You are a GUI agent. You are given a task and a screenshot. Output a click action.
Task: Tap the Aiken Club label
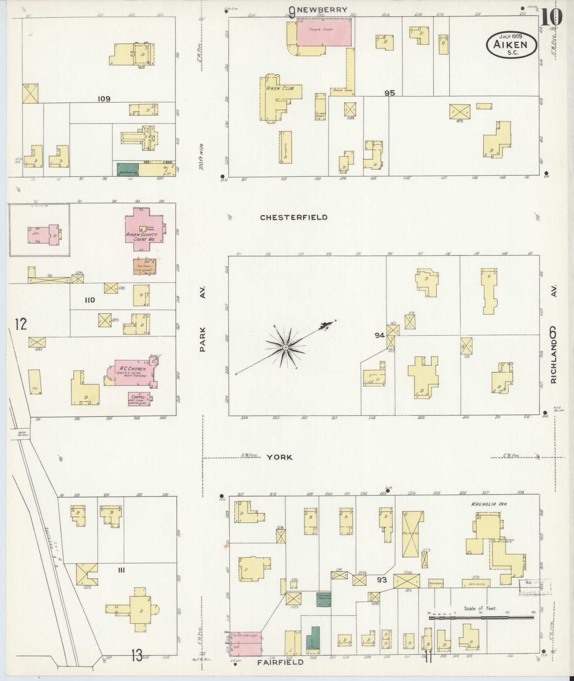(x=280, y=88)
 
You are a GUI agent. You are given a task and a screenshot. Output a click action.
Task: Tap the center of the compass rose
(x=285, y=347)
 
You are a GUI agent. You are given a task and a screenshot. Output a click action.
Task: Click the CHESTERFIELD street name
(x=294, y=218)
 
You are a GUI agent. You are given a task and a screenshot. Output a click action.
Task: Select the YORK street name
(x=280, y=457)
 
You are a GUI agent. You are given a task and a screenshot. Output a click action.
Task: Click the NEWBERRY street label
(x=322, y=10)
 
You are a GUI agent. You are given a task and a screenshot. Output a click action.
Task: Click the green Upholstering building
(x=128, y=169)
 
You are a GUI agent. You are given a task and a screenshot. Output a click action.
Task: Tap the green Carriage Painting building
(x=324, y=599)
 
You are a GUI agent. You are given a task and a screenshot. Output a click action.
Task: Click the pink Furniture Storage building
(x=246, y=644)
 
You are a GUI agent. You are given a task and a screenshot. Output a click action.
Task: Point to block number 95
(x=390, y=93)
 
